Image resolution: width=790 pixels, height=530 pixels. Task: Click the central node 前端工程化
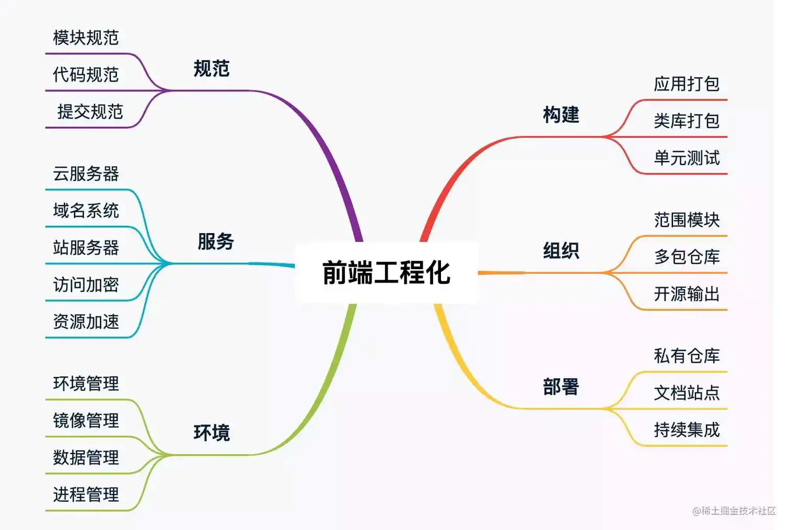click(386, 272)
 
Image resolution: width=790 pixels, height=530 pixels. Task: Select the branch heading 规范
click(212, 68)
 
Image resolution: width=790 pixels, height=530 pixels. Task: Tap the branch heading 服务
click(215, 241)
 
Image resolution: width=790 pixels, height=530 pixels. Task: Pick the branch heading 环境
click(212, 433)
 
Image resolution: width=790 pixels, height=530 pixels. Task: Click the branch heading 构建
click(561, 114)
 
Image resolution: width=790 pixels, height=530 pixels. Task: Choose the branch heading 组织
click(561, 251)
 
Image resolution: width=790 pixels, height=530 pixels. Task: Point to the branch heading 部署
click(561, 387)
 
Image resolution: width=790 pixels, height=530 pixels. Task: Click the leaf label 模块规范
click(86, 38)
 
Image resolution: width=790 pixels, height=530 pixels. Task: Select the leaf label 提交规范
click(90, 112)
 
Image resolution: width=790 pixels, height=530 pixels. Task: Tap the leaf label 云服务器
click(86, 174)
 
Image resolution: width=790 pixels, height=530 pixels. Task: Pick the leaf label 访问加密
click(86, 285)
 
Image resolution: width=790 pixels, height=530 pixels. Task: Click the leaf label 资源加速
click(86, 322)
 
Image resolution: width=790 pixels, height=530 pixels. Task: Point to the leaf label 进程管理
click(86, 494)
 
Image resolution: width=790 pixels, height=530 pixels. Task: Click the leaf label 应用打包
click(687, 84)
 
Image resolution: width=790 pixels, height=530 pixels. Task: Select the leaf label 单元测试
click(687, 158)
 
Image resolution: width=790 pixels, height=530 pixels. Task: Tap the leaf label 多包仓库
click(687, 257)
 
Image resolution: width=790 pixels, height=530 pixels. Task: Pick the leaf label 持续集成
click(687, 430)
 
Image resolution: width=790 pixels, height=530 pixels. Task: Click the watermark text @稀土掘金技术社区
click(734, 511)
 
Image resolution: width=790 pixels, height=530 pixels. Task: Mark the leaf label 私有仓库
click(687, 356)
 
